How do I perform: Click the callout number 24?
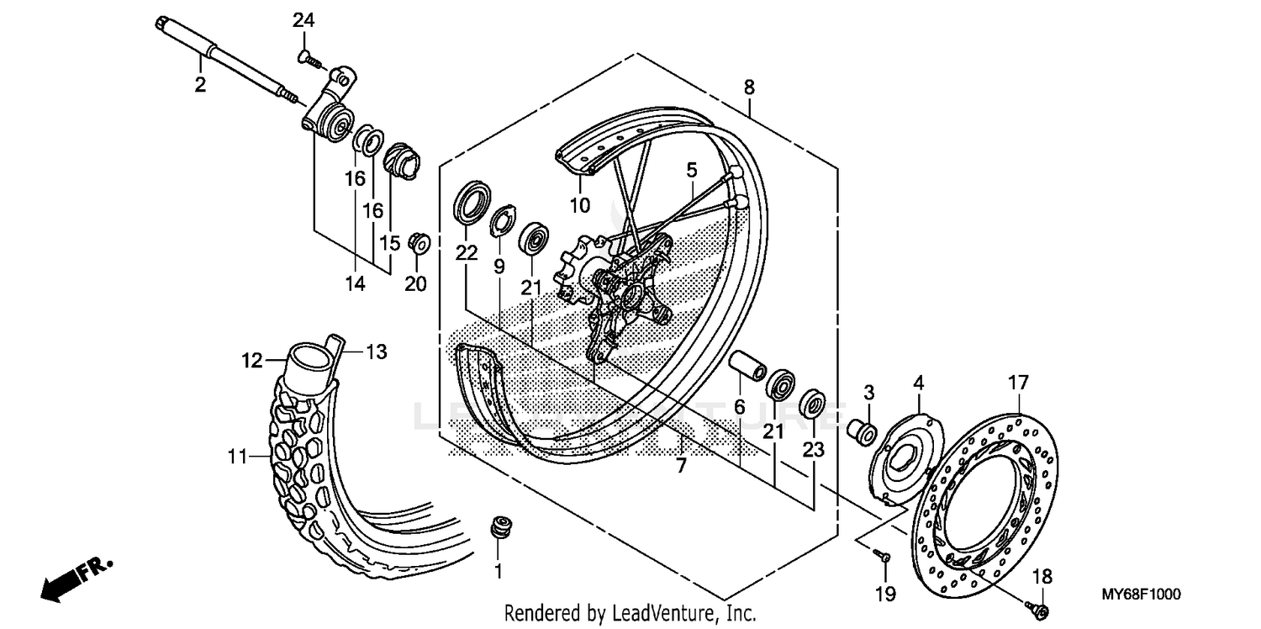tap(303, 20)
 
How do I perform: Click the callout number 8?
tap(749, 87)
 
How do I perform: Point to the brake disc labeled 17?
tap(984, 504)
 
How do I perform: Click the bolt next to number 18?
tap(1040, 607)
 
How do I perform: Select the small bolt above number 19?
tap(880, 555)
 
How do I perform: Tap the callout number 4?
tap(919, 383)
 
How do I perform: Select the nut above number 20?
tap(418, 242)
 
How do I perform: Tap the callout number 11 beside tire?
tap(237, 457)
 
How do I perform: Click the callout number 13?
tap(376, 352)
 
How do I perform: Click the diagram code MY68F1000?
tap(1142, 595)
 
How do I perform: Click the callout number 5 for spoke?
tap(691, 170)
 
